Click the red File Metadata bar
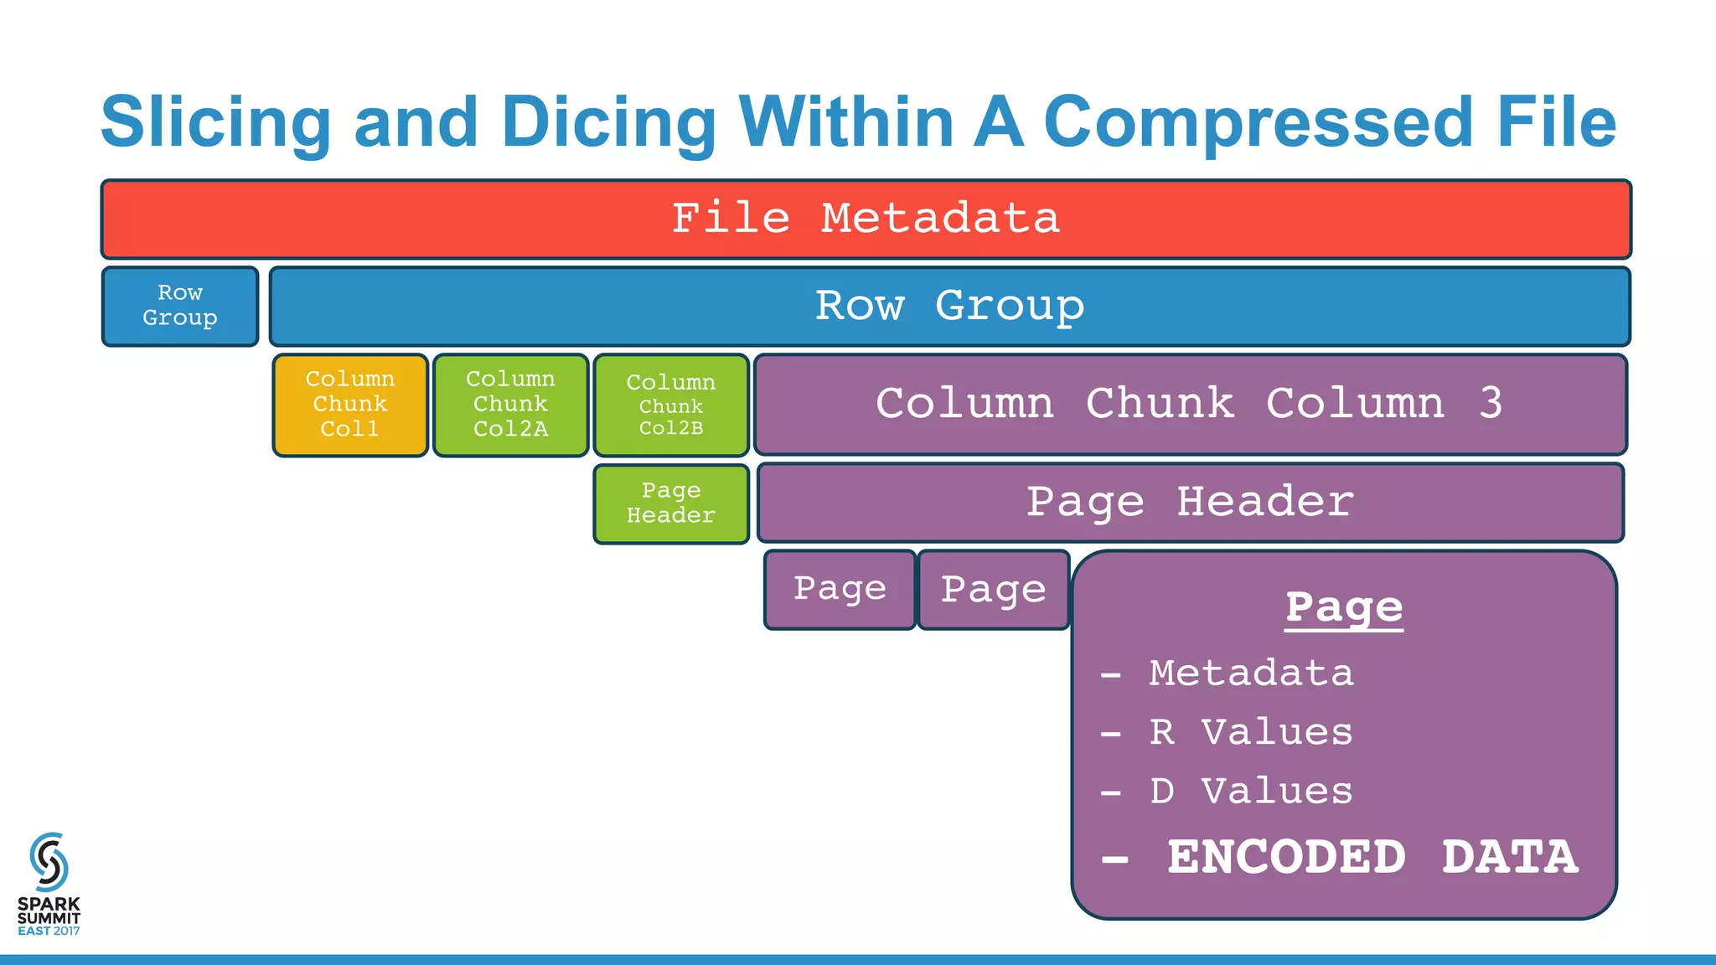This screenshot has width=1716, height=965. pos(866,219)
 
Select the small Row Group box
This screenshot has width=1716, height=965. pos(180,306)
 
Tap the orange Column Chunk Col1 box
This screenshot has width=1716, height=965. pos(350,405)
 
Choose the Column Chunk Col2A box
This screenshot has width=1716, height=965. pos(510,405)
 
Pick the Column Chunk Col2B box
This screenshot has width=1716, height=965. pos(671,405)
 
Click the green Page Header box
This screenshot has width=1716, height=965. pos(671,503)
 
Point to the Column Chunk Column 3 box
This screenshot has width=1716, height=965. pos(1190,405)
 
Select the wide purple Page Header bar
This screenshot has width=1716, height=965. pos(1190,503)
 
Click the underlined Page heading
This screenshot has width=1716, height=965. pos(1344,607)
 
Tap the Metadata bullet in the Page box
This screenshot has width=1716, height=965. pos(1250,673)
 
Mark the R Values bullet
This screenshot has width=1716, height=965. pos(1250,732)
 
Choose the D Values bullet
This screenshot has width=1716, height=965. pos(1250,791)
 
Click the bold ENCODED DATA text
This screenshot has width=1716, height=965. pos(1372,857)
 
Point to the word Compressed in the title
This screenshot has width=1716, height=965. pos(1257,122)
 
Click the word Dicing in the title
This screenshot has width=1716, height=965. pos(608,122)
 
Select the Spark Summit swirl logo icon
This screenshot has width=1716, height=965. pos(49,861)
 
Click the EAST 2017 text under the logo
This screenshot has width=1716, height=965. pos(49,931)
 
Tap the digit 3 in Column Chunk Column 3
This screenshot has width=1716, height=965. pos(1491,404)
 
